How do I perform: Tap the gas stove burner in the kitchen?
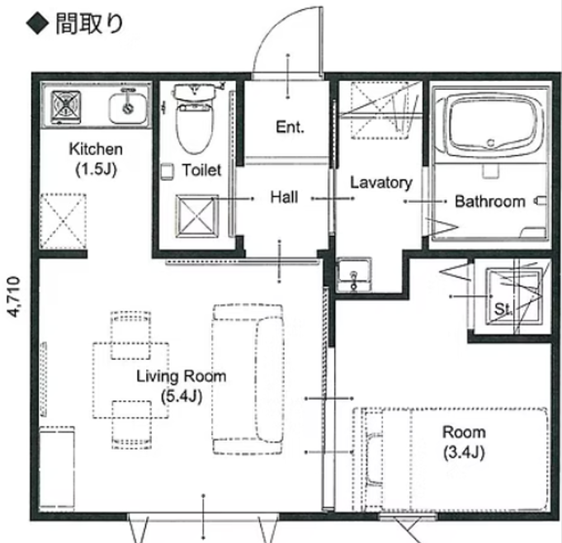[66, 104]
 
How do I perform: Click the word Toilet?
[202, 170]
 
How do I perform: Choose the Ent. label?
[290, 127]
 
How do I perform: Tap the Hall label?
[284, 197]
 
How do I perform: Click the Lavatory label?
[381, 183]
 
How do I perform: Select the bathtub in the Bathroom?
[491, 122]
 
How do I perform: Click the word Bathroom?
[490, 201]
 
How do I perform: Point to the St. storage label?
[503, 309]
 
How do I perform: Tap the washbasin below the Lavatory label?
[354, 274]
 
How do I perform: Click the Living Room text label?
[182, 376]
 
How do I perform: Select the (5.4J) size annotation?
[182, 396]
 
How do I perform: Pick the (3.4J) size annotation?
[464, 452]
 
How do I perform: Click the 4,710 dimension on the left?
[14, 297]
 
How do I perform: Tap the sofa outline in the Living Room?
[248, 380]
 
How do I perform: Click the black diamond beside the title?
[38, 24]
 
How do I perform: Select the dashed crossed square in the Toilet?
[196, 216]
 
